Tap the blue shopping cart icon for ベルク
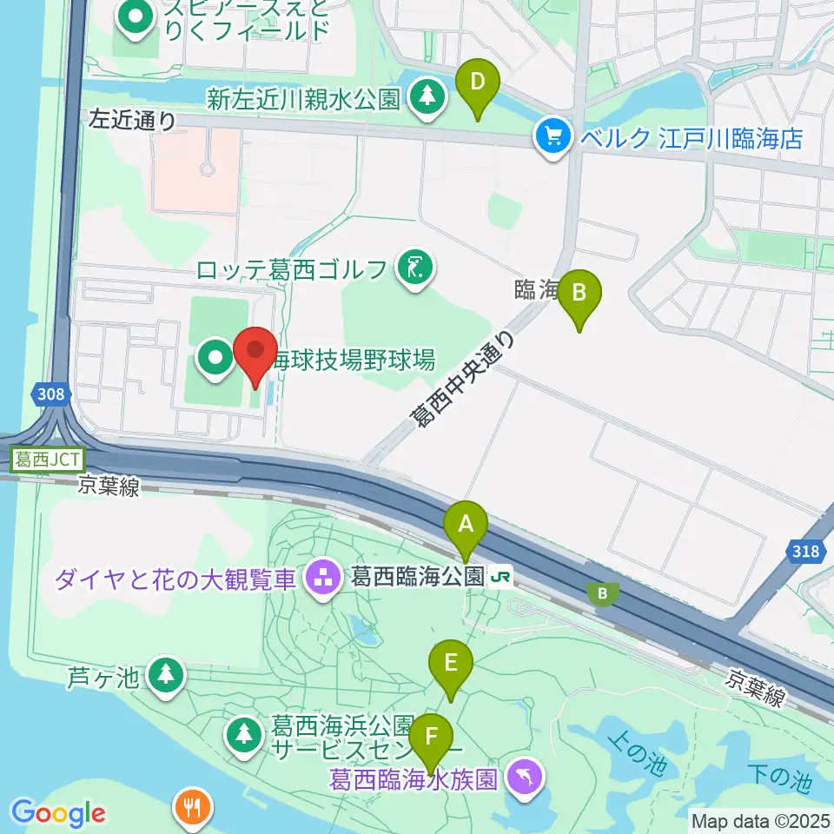click(553, 136)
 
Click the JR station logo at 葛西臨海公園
click(501, 575)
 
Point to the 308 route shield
click(51, 395)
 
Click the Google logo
click(58, 813)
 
